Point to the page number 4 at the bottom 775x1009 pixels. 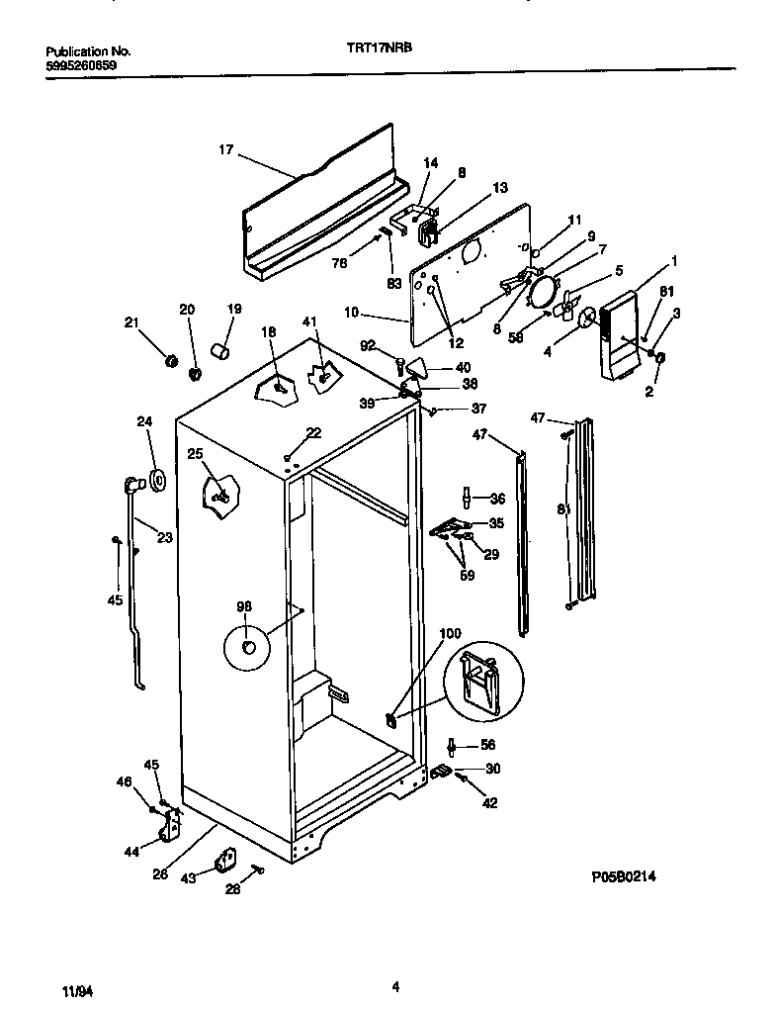395,985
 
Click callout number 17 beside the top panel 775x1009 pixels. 226,150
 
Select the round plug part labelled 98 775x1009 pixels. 247,648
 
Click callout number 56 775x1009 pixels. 487,746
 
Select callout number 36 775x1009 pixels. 497,499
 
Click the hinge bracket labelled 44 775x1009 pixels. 174,824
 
